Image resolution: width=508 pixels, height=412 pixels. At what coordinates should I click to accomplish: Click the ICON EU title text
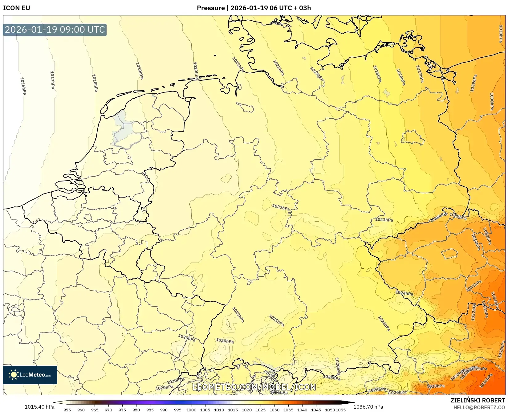(17, 8)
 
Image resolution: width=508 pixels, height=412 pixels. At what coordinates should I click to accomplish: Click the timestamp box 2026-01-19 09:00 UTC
(55, 30)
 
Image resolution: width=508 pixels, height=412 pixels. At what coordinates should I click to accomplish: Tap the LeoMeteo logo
(30, 375)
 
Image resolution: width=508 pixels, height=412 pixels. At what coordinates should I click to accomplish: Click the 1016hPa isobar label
(23, 86)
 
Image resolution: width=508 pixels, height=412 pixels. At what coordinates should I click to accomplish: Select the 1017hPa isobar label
(52, 80)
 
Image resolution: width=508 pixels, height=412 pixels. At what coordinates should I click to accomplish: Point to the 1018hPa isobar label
(95, 83)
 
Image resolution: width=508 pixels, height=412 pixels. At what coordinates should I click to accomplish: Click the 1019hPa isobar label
(140, 71)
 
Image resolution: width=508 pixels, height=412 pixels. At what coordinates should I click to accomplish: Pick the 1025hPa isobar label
(377, 74)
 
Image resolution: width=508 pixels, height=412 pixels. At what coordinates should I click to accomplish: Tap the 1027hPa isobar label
(420, 74)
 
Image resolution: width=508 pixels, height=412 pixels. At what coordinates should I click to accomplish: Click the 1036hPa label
(486, 381)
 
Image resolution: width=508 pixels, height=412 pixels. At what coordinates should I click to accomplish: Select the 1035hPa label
(478, 369)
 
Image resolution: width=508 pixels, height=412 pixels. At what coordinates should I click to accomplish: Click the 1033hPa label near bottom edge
(436, 386)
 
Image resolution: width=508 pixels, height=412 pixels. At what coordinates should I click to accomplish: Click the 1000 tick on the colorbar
(191, 410)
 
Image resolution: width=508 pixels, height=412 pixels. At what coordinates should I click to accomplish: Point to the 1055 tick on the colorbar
(340, 410)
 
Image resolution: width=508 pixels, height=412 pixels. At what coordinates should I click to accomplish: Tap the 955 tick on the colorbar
(67, 410)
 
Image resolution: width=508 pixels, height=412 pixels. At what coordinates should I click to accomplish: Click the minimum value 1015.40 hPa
(39, 407)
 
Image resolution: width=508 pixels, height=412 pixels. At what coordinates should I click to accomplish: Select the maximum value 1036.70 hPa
(368, 407)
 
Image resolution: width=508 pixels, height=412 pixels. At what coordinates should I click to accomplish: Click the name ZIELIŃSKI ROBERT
(478, 401)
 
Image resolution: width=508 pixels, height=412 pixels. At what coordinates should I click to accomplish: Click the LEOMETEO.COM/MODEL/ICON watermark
(254, 387)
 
